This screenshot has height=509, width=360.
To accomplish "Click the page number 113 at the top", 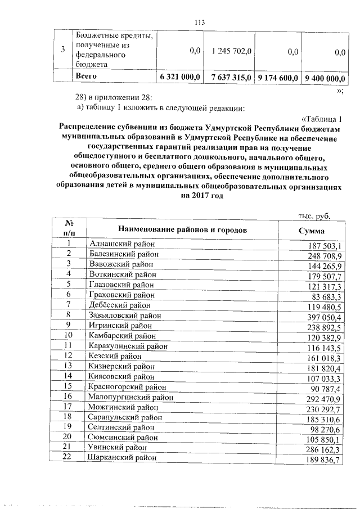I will pyautogui.click(x=197, y=22).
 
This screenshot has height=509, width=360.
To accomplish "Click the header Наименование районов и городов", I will pyautogui.click(x=183, y=229).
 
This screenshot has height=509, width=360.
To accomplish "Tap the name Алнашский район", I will pyautogui.click(x=122, y=244).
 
